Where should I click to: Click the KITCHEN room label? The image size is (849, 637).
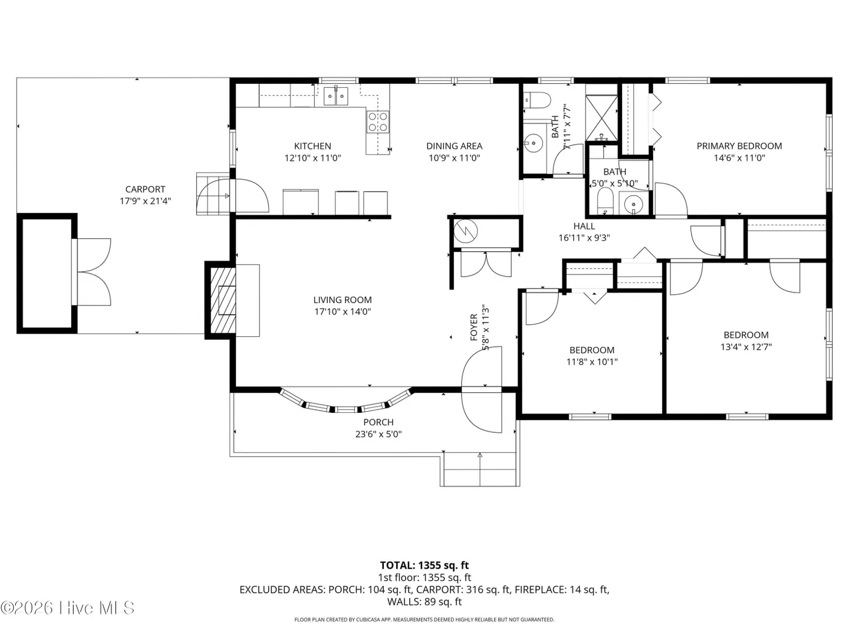tap(312, 146)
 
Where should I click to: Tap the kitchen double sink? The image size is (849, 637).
tap(335, 96)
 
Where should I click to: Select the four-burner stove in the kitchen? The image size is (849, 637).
tap(377, 122)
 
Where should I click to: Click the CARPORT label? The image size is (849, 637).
tap(145, 189)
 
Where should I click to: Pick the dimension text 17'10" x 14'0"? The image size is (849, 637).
tap(343, 311)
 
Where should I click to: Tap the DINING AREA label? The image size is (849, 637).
tap(454, 146)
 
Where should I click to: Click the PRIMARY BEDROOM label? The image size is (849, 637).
tap(739, 146)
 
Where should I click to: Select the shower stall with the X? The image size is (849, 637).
tap(601, 117)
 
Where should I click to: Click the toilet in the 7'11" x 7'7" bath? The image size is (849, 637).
tap(537, 100)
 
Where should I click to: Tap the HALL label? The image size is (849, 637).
tap(584, 226)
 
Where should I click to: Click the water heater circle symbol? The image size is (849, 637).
tap(465, 231)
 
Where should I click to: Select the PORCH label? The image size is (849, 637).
tap(378, 422)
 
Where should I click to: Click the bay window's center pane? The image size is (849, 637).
tap(345, 409)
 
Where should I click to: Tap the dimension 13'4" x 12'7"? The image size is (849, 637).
tap(746, 347)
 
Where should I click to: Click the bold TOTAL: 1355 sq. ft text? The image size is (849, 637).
tap(424, 566)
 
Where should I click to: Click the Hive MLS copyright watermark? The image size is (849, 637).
tap(67, 608)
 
